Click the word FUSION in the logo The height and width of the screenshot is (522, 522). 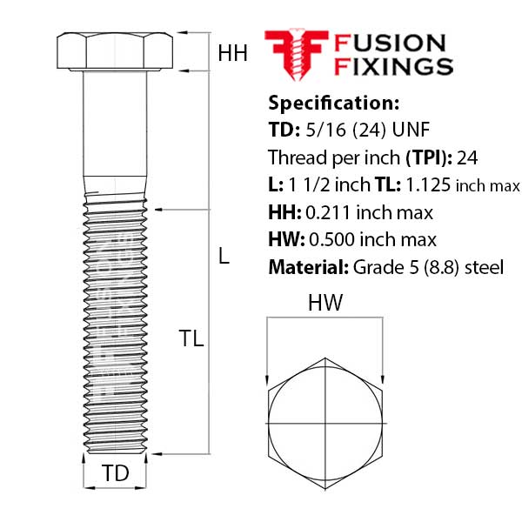point(390,43)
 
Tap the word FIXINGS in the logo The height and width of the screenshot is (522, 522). point(394,66)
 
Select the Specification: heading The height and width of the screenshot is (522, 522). point(333,103)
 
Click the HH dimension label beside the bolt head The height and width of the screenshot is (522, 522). point(232,53)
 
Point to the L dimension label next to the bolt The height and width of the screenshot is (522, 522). point(224,257)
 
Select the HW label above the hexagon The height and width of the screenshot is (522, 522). point(325,304)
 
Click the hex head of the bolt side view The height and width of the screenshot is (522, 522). point(115,51)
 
